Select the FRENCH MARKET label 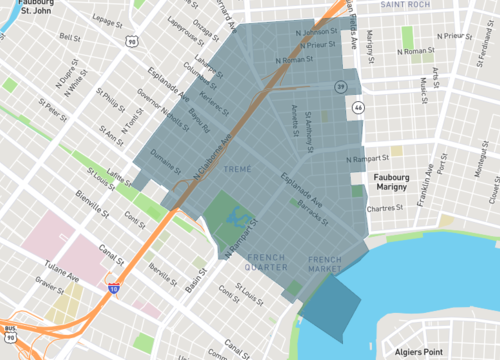tap(326, 265)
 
